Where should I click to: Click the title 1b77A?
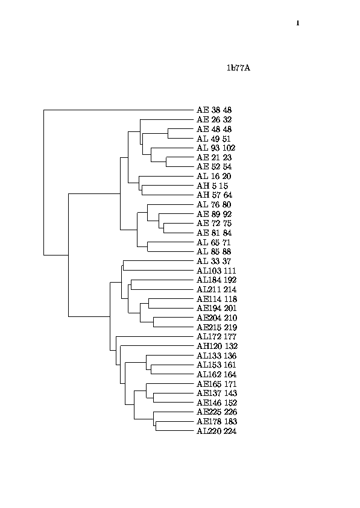click(238, 68)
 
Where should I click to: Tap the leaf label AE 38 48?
click(214, 110)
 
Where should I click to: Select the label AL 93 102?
click(216, 148)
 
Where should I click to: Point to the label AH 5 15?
click(212, 186)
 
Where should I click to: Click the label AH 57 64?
click(215, 195)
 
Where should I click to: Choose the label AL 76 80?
click(214, 205)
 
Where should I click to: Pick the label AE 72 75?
click(214, 224)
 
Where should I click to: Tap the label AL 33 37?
click(214, 262)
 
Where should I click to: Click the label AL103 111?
click(216, 271)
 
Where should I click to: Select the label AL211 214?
click(216, 290)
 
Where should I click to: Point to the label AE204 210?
click(217, 318)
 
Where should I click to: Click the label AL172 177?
click(216, 337)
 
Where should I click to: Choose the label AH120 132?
click(217, 347)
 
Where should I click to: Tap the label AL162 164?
click(216, 375)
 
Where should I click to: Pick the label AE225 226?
click(217, 412)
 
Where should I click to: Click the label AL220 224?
click(216, 431)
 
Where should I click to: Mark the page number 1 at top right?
click(298, 23)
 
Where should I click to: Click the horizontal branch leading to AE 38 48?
click(119, 110)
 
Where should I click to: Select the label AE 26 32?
click(214, 120)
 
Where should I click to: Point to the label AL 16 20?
click(214, 177)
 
